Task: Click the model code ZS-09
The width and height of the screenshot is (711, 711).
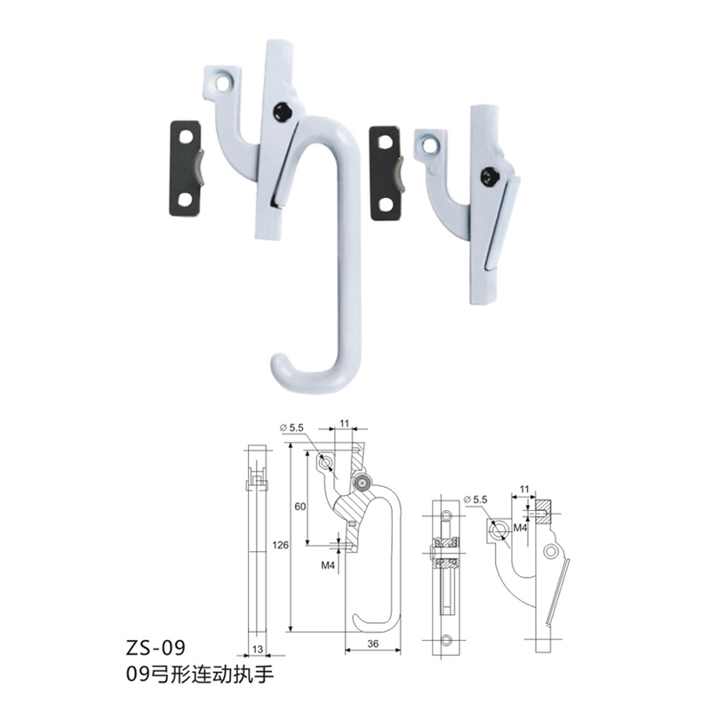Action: pyautogui.click(x=156, y=648)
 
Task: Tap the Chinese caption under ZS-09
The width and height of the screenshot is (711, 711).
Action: pyautogui.click(x=200, y=675)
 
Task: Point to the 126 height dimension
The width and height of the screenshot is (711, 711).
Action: pyautogui.click(x=280, y=545)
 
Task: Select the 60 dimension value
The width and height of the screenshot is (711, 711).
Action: pyautogui.click(x=300, y=507)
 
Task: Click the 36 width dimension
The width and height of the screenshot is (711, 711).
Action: pyautogui.click(x=372, y=643)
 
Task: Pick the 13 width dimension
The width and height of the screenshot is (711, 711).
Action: pyautogui.click(x=258, y=650)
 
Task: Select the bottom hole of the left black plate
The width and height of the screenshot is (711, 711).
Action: pyautogui.click(x=185, y=199)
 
